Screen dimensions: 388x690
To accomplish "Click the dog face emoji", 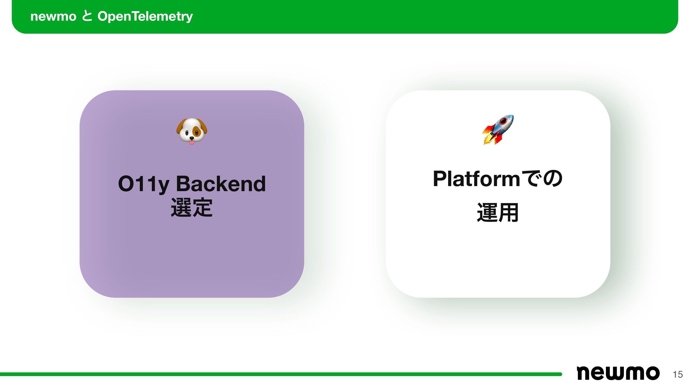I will tap(192, 131).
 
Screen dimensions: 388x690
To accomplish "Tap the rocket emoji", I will tap(498, 129).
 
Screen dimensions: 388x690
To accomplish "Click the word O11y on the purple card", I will tap(143, 184).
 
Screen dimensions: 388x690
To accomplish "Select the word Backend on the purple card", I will tap(221, 184).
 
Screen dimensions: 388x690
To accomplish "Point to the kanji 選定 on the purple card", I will tap(192, 208).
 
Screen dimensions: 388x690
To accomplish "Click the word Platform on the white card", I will tap(476, 179).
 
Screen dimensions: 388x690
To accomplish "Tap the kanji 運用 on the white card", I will tap(498, 212).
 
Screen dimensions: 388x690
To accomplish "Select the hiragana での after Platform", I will tap(542, 179).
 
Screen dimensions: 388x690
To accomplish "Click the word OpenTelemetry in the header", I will tap(145, 16).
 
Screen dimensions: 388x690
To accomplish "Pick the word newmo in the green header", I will tap(53, 16).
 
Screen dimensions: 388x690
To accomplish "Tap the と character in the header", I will tap(87, 16).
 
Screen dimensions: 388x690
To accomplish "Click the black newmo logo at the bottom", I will tap(618, 373).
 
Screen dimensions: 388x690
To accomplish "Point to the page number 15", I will tap(678, 374).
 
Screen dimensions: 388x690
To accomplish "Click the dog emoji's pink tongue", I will tap(192, 142).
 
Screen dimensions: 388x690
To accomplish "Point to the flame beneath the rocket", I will tap(488, 139).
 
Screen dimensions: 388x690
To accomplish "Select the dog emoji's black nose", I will tap(192, 138).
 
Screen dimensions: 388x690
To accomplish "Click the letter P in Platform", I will tap(440, 179).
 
